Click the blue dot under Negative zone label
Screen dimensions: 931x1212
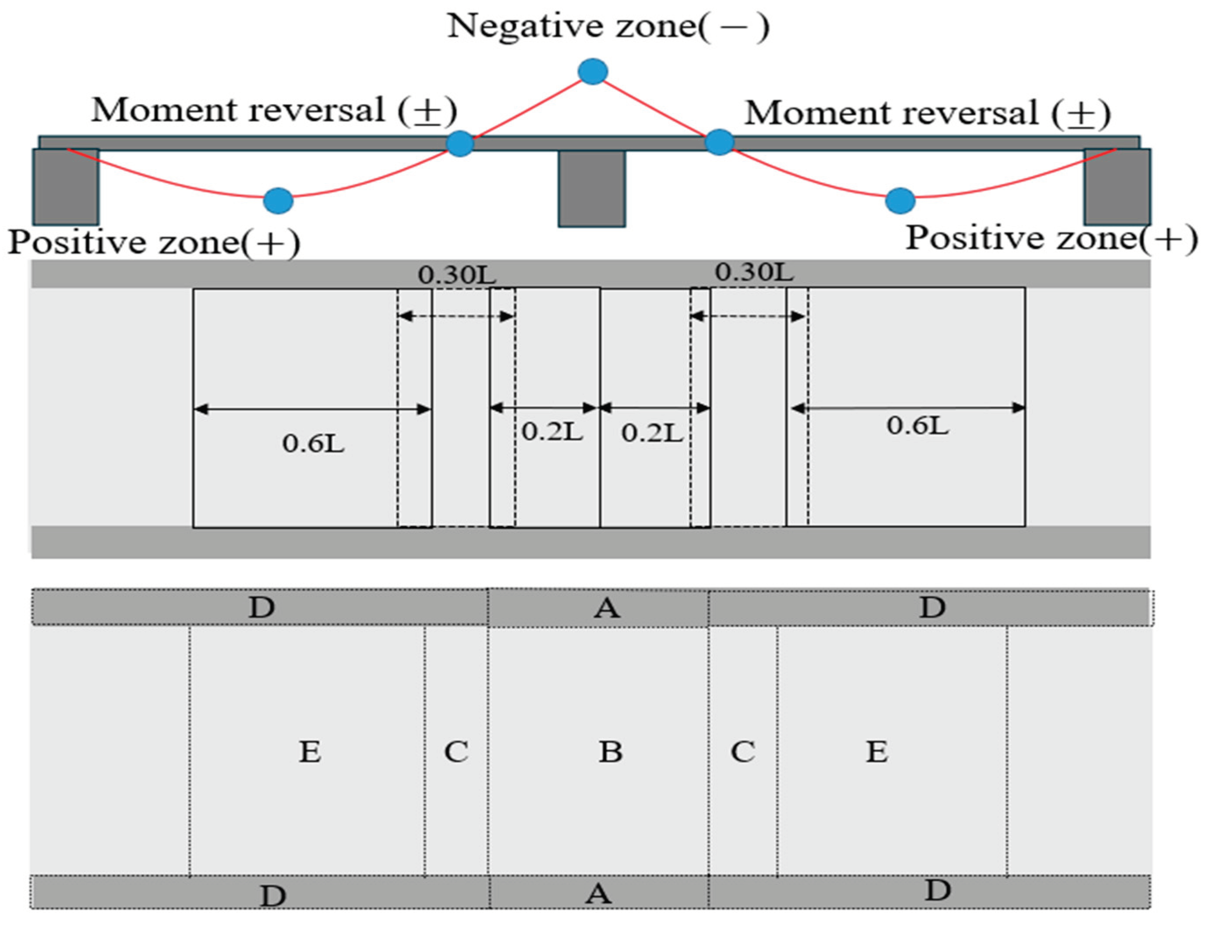point(593,71)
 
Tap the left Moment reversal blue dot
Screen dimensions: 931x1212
point(460,144)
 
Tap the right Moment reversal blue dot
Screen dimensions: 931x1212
point(719,142)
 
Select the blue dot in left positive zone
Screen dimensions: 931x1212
point(278,201)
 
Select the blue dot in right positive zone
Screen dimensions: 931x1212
point(900,201)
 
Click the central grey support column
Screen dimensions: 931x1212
point(592,188)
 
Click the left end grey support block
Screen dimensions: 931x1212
point(65,187)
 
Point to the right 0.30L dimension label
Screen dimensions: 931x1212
point(754,272)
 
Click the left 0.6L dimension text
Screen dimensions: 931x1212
point(313,443)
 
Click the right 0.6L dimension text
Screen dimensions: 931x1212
point(918,426)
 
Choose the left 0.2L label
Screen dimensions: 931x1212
point(552,432)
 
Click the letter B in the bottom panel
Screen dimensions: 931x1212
point(610,752)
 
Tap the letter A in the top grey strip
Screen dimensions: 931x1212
point(607,608)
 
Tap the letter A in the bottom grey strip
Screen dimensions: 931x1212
point(598,893)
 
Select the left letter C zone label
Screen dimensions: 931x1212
point(456,752)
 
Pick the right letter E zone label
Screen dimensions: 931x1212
point(877,752)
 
